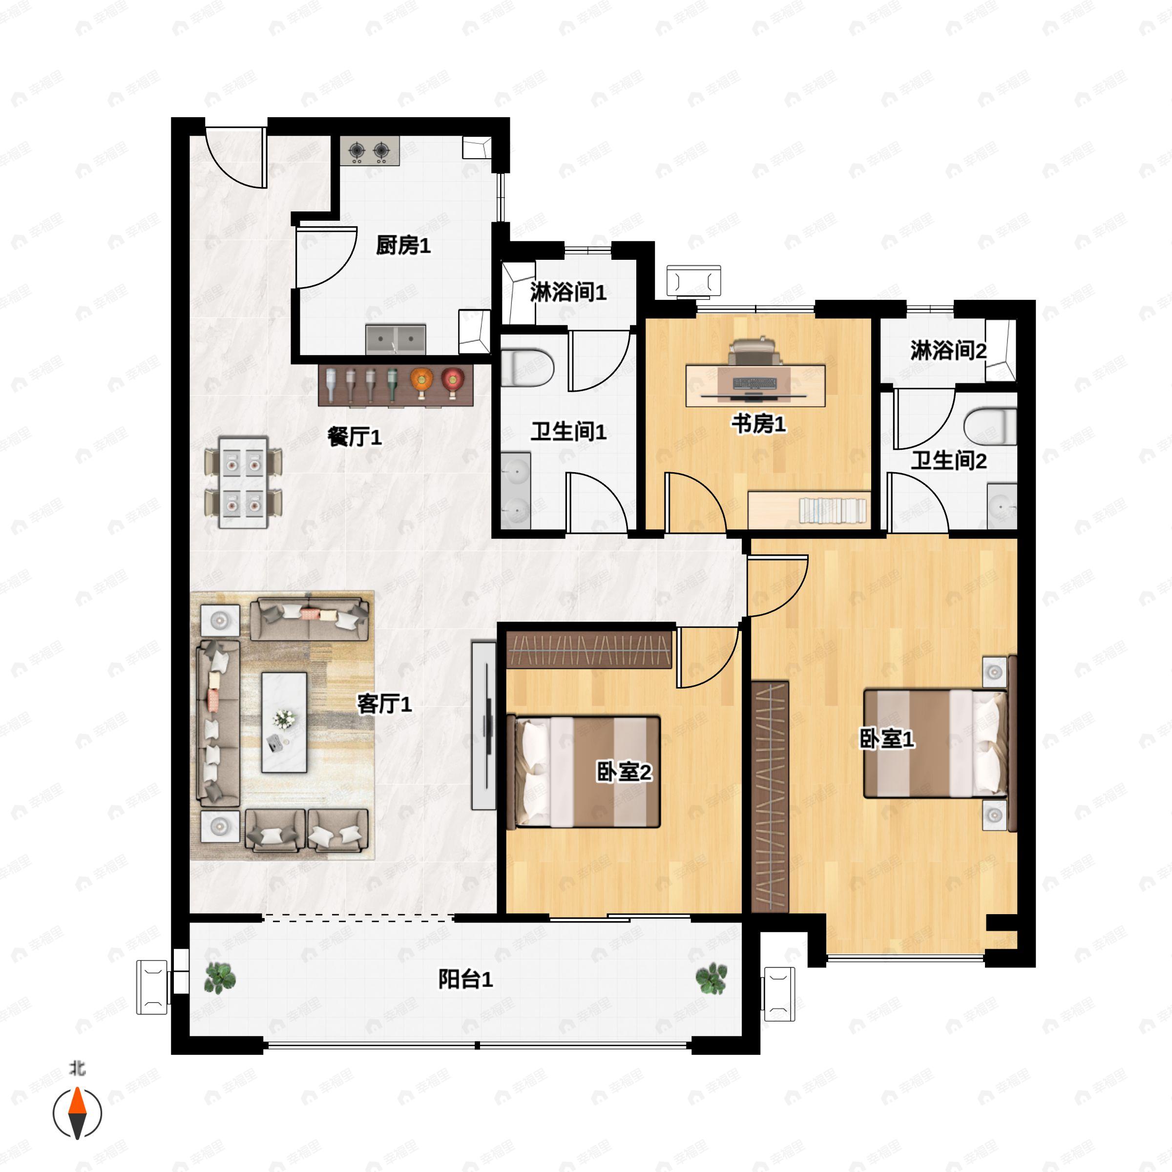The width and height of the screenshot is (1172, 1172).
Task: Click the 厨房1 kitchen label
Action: click(x=403, y=246)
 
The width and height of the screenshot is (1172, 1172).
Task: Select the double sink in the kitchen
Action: click(x=396, y=339)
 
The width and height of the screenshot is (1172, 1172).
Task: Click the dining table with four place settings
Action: click(x=243, y=482)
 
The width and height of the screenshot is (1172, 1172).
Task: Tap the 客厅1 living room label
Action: click(x=384, y=704)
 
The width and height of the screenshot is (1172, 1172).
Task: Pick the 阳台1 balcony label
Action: click(x=465, y=980)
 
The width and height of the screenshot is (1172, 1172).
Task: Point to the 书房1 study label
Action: click(x=758, y=423)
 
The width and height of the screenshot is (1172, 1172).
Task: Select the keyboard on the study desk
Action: click(x=754, y=383)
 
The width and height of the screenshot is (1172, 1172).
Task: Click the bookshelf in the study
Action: click(x=809, y=510)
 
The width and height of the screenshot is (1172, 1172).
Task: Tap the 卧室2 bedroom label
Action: click(x=624, y=772)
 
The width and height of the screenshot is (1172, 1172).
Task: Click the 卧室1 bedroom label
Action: click(x=886, y=739)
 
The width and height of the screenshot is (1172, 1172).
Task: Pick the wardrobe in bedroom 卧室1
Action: click(x=770, y=796)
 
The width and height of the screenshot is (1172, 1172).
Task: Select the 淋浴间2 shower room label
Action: click(x=948, y=351)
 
